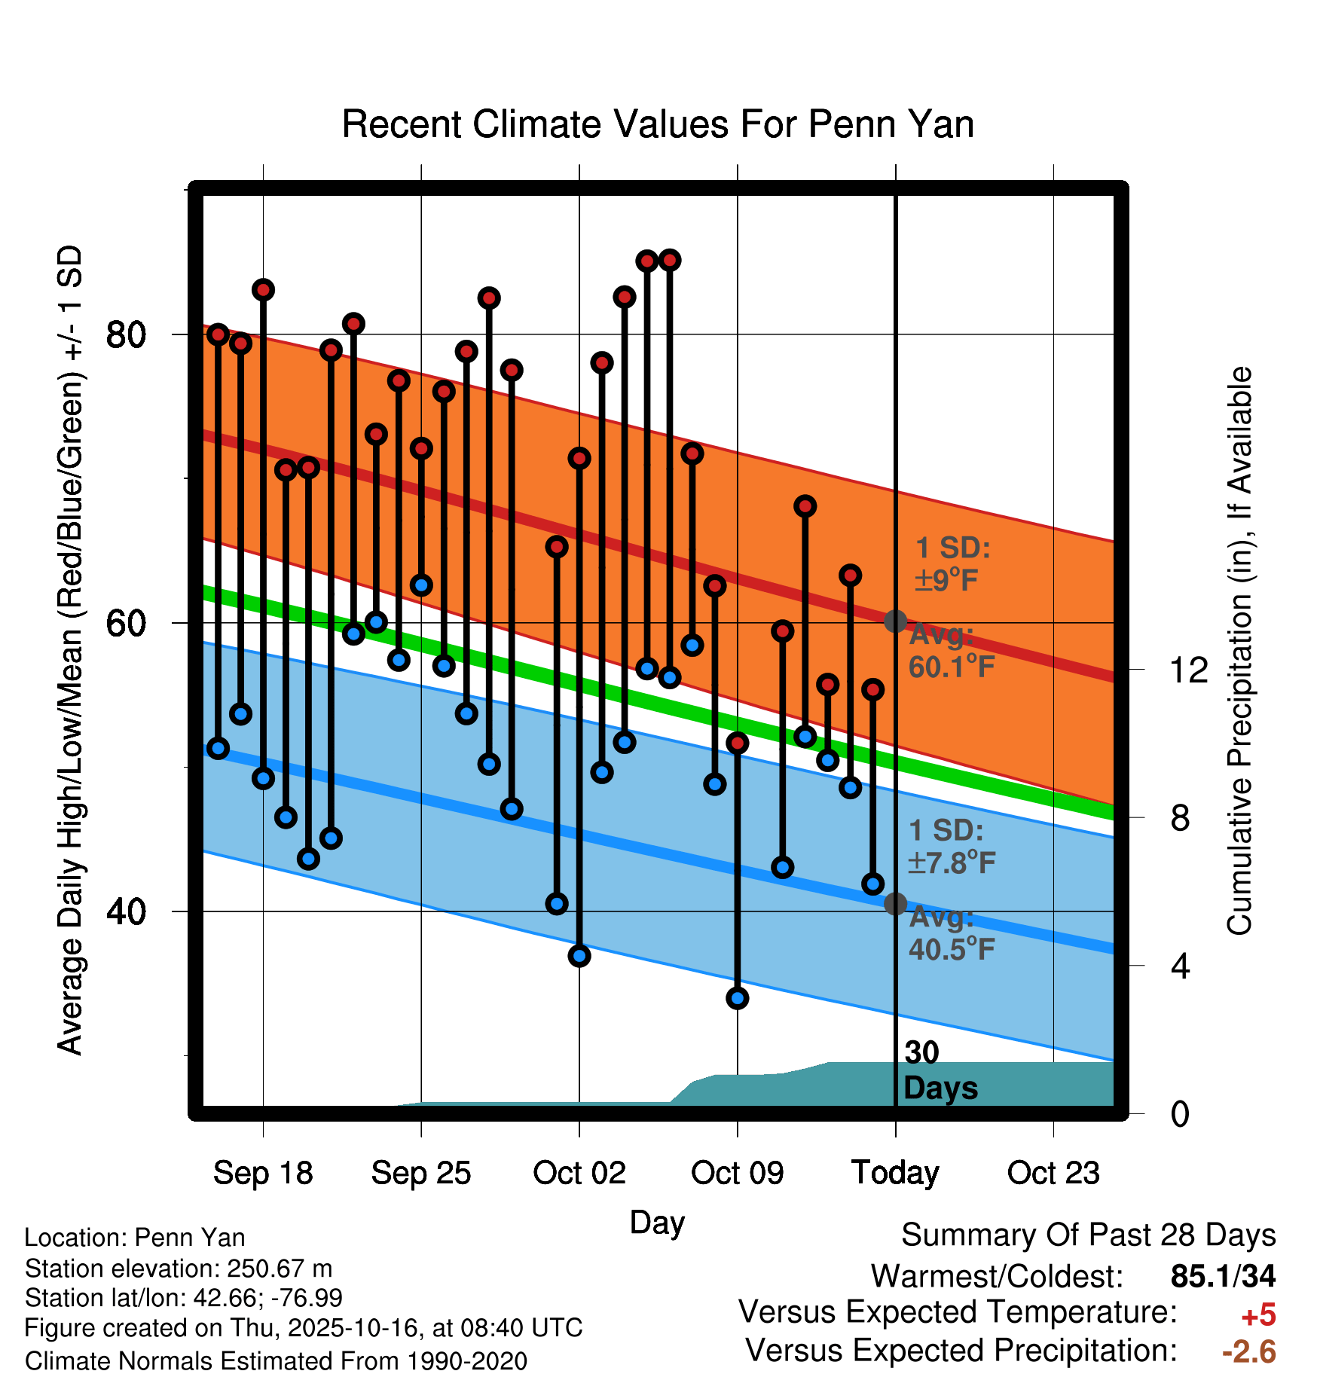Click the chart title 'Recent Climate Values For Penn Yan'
658,124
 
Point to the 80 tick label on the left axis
125,334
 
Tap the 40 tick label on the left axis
125,911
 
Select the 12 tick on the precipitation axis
1188,670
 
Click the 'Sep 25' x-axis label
420,1173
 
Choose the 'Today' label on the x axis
895,1173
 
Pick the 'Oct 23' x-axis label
1053,1173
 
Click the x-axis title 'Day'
657,1222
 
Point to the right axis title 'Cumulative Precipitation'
1239,652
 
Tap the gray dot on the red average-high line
895,621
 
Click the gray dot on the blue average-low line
895,904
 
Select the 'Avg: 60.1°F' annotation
951,651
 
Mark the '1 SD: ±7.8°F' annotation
951,847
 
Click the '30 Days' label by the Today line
939,1070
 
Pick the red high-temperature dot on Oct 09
738,743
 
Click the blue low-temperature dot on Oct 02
579,956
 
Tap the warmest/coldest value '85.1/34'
1223,1276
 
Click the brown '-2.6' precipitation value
1248,1351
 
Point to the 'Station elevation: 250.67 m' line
179,1269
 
